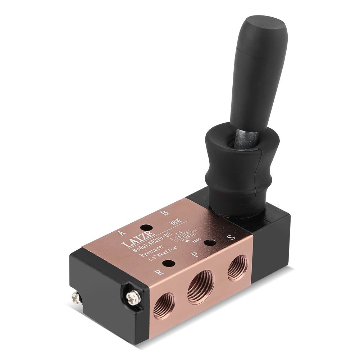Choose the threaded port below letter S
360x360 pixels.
[238, 268]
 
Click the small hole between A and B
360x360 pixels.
[146, 228]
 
